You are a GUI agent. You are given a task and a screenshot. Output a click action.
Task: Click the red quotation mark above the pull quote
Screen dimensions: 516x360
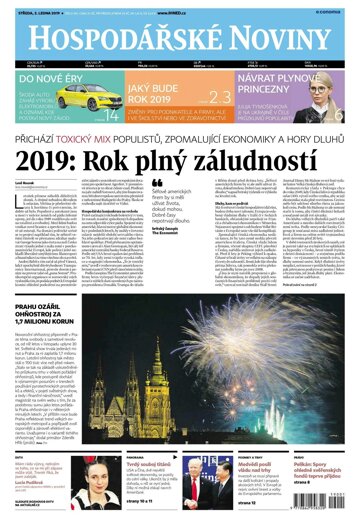click(156, 185)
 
